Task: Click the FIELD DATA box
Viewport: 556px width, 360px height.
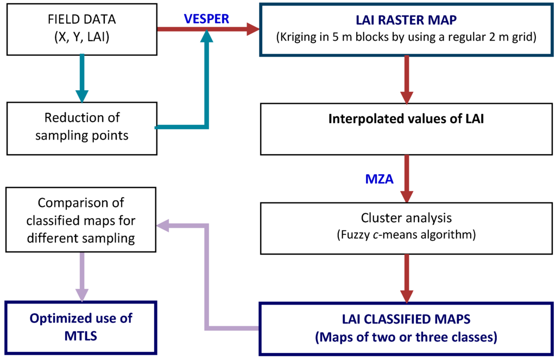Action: coord(82,29)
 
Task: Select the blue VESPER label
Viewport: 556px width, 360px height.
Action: coord(206,19)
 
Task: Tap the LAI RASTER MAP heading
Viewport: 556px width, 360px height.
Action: coord(406,20)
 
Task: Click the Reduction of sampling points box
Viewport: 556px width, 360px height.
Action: coord(82,128)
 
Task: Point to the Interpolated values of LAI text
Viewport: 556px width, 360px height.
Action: coord(406,119)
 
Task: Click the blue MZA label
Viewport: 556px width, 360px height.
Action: coord(380,179)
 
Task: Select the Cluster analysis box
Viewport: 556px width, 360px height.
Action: coord(406,229)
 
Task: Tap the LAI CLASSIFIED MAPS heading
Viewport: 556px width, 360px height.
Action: coord(406,319)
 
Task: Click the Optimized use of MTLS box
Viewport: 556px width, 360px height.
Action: coord(81,328)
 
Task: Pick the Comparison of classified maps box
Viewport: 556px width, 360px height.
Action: coord(81,220)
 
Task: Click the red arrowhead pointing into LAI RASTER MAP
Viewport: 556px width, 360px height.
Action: coord(253,29)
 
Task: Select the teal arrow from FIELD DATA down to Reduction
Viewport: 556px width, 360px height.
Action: coord(82,78)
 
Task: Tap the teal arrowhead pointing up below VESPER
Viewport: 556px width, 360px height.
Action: coord(206,36)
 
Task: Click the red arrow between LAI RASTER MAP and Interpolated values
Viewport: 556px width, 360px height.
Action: coord(406,80)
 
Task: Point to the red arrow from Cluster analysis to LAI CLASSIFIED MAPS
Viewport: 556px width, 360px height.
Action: coord(406,279)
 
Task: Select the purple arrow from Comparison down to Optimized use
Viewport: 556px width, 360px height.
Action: coord(82,277)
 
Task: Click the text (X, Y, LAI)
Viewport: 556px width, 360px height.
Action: coord(82,37)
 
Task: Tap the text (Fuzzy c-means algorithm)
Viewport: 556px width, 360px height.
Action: coord(406,235)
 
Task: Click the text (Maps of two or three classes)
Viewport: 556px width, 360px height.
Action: coord(406,337)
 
